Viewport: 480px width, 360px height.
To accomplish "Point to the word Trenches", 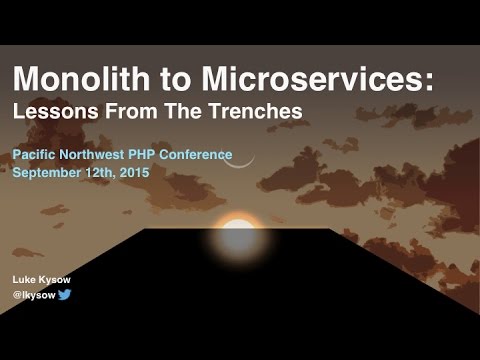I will tap(255, 112).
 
